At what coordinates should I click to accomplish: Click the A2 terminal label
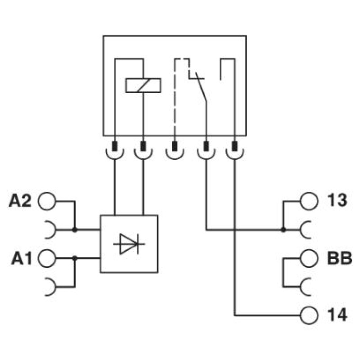[20, 201]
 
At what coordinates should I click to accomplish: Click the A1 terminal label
[22, 258]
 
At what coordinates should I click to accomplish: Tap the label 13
[337, 200]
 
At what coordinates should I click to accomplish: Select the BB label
[339, 258]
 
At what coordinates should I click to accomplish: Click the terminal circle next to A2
[47, 201]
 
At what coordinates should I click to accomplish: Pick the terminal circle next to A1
[47, 258]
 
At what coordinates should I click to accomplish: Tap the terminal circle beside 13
[309, 201]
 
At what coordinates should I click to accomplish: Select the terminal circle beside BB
[309, 258]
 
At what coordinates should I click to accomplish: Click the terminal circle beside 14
[309, 315]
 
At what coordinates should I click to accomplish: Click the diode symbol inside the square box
[129, 244]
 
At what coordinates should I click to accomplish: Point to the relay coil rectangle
[143, 85]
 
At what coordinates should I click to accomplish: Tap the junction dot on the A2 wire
[75, 229]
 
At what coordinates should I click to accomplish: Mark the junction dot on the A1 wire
[75, 258]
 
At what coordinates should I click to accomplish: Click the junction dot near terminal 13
[283, 229]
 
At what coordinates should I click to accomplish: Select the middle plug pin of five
[175, 146]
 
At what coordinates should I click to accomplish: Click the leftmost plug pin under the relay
[115, 146]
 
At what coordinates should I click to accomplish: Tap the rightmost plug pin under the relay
[234, 146]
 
